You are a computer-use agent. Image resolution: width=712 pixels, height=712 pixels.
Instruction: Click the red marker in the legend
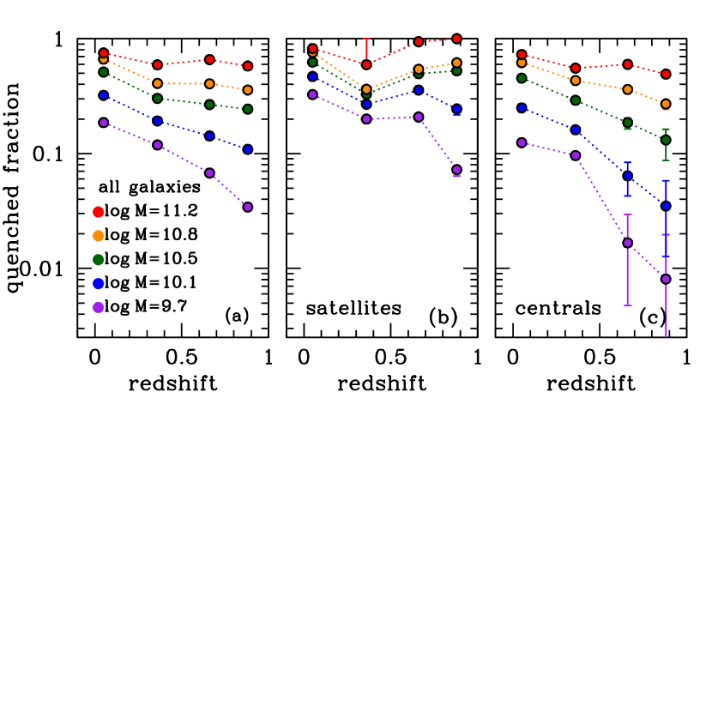coord(99,212)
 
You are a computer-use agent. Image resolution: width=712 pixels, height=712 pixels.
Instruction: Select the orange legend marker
coord(99,236)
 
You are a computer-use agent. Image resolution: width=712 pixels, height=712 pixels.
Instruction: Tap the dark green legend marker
coord(99,260)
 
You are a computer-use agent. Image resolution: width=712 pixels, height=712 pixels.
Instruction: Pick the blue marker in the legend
coord(99,284)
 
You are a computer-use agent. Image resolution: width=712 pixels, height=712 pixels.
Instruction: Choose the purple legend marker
coord(99,307)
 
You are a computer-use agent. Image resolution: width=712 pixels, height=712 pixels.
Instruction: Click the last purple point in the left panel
coord(248,207)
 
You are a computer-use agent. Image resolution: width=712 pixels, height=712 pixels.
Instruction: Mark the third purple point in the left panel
coord(209,172)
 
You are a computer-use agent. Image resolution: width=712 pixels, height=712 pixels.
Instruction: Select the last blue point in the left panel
coord(248,149)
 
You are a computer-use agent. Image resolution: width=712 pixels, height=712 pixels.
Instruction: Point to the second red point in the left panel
coord(158,65)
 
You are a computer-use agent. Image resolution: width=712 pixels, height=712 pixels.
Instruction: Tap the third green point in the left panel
coord(209,105)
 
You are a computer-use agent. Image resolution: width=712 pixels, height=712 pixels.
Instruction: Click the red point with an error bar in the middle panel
coord(366,64)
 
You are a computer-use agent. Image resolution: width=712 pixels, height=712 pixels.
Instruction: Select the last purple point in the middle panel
coord(456,170)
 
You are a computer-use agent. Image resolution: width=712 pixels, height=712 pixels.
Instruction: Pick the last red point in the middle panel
coord(456,39)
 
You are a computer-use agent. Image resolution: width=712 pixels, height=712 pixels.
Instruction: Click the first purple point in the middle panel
coord(312,94)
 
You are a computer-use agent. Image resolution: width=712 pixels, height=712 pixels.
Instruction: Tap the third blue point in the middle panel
coord(419,89)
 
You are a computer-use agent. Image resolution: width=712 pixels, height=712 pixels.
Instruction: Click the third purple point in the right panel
coord(627,243)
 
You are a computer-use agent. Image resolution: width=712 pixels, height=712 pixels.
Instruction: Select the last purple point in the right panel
coord(666,279)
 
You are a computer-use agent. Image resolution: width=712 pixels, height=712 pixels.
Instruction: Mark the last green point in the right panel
coord(666,140)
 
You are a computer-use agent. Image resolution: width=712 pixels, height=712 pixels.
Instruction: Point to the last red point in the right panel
coord(666,74)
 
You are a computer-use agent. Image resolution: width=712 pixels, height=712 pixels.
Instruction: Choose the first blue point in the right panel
coord(522,108)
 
